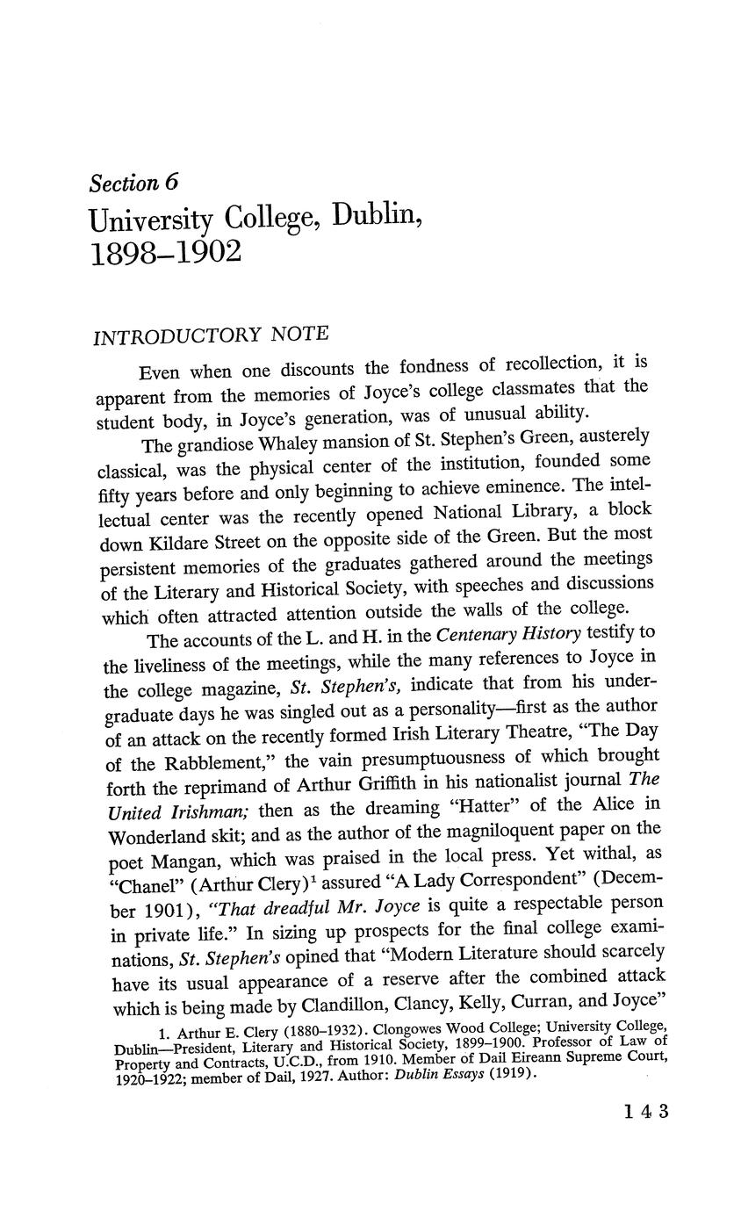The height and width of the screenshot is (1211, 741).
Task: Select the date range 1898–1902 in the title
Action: tap(165, 253)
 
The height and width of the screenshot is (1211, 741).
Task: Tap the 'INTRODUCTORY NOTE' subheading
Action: tap(211, 335)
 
